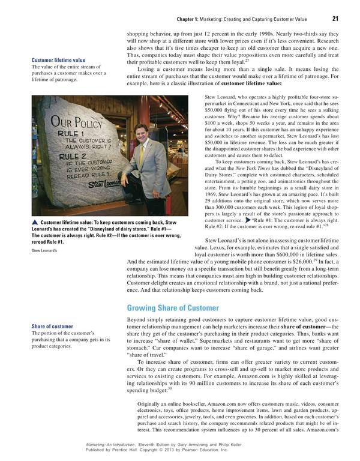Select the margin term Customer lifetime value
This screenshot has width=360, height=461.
(58, 60)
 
